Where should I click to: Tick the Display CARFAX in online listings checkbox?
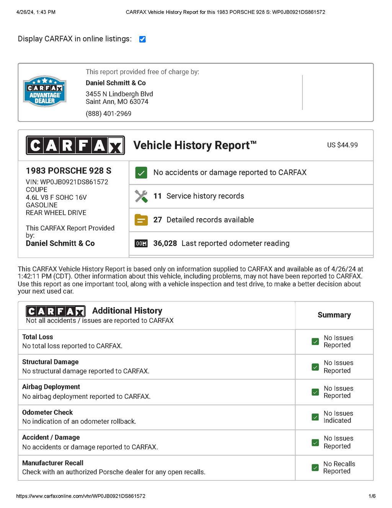point(142,39)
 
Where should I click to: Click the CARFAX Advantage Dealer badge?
point(45,91)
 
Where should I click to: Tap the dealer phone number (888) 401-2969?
point(108,113)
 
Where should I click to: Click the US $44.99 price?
point(342,145)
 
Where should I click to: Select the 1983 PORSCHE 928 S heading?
point(69,171)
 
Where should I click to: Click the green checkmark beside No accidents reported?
point(141,173)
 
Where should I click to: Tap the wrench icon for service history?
point(141,196)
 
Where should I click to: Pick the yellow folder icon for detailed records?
point(141,220)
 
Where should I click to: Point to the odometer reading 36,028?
point(165,243)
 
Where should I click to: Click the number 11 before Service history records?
point(157,196)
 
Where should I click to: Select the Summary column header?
point(334,315)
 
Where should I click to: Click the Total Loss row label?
point(38,337)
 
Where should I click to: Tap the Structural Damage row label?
point(50,362)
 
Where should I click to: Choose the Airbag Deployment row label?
point(51,387)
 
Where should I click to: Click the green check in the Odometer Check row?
point(315,417)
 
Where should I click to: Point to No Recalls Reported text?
point(339,467)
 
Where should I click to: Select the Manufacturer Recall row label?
point(52,463)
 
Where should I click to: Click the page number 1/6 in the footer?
point(372,496)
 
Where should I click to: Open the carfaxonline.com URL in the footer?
point(81,496)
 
